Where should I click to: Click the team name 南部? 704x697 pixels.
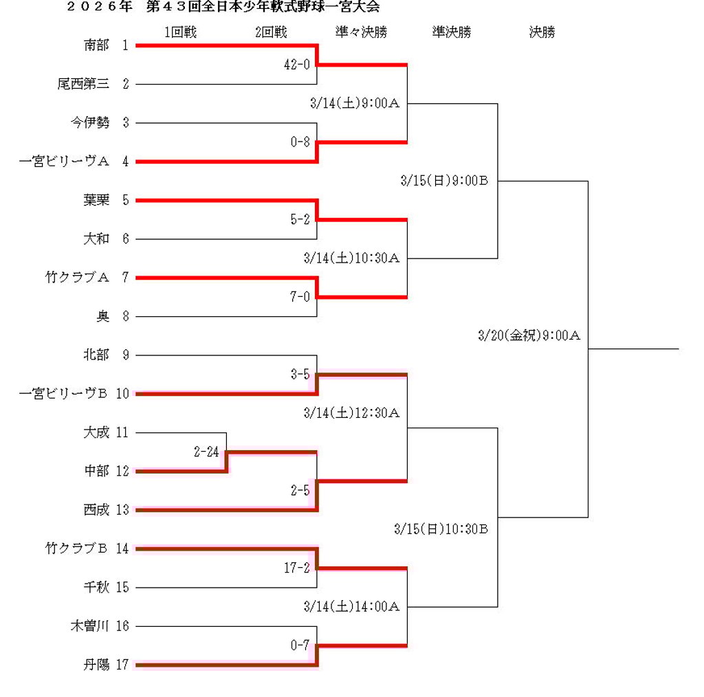pyautogui.click(x=96, y=45)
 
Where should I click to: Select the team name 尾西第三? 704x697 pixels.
pyautogui.click(x=83, y=85)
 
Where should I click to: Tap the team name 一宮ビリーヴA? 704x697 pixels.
pyautogui.click(x=65, y=162)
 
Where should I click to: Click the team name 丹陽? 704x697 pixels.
pyautogui.click(x=96, y=665)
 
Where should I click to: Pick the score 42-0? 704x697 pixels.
pyautogui.click(x=297, y=65)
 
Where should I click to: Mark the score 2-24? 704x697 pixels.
pyautogui.click(x=206, y=452)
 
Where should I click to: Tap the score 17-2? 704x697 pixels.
pyautogui.click(x=297, y=568)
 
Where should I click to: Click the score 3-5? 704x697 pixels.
pyautogui.click(x=300, y=375)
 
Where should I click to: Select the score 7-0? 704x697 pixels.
pyautogui.click(x=300, y=297)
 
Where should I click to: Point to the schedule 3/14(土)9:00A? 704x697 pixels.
pyautogui.click(x=355, y=104)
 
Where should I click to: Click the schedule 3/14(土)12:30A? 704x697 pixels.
pyautogui.click(x=351, y=413)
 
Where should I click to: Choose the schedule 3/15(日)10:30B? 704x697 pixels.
pyautogui.click(x=441, y=529)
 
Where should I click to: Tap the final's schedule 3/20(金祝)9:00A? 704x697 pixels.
pyautogui.click(x=529, y=336)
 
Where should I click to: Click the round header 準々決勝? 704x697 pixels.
pyautogui.click(x=361, y=32)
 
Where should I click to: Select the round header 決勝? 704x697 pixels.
pyautogui.click(x=542, y=32)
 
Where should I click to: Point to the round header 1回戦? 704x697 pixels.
pyautogui.click(x=181, y=32)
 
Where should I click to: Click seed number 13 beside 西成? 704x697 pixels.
pyautogui.click(x=122, y=510)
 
